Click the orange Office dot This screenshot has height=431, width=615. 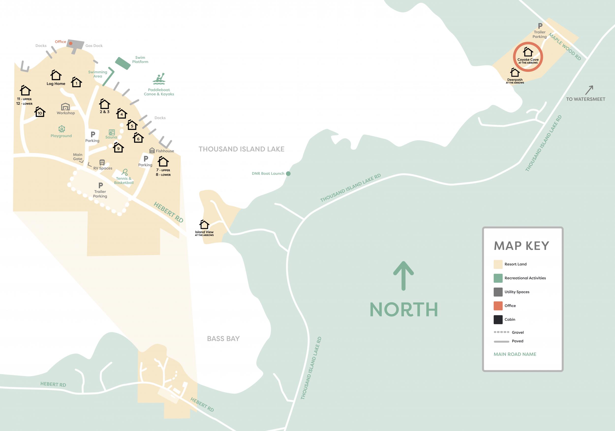click(x=71, y=43)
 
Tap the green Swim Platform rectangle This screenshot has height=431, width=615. click(x=123, y=63)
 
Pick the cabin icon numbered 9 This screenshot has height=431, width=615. click(x=118, y=148)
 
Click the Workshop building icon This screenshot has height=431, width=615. click(x=65, y=107)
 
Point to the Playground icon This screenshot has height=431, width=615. click(x=61, y=129)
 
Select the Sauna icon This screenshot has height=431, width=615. click(x=112, y=132)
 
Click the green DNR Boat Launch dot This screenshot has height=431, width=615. click(x=288, y=174)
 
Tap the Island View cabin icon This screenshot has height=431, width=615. click(x=204, y=224)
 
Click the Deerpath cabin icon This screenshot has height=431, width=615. click(x=515, y=73)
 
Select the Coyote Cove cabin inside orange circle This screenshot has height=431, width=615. click(x=528, y=52)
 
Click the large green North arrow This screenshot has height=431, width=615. click(x=403, y=276)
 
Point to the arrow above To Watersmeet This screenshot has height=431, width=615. click(x=589, y=90)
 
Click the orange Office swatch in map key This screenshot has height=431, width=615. click(x=498, y=306)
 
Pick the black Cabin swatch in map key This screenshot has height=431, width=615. click(x=498, y=320)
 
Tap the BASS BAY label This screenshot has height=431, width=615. click(x=223, y=339)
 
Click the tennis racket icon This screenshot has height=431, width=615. click(x=124, y=172)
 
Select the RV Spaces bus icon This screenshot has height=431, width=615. click(x=102, y=162)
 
